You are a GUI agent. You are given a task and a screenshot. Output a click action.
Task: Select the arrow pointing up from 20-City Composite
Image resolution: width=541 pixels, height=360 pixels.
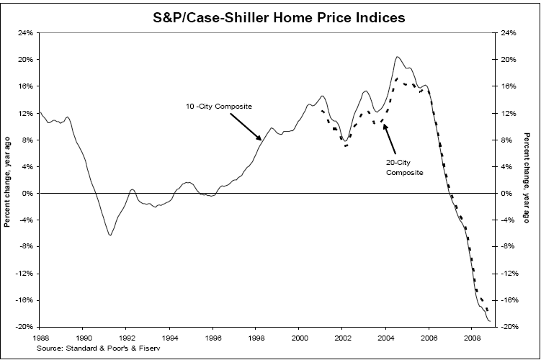385,125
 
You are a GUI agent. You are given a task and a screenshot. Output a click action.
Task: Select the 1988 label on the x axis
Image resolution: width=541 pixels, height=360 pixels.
40,336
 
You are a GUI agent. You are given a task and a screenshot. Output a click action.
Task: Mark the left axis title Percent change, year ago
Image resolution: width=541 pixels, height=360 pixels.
8,180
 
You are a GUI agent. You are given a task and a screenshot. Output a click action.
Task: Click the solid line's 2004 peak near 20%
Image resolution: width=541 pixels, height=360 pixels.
398,57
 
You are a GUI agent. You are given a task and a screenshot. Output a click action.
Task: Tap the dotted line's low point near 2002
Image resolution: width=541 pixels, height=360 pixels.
346,146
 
